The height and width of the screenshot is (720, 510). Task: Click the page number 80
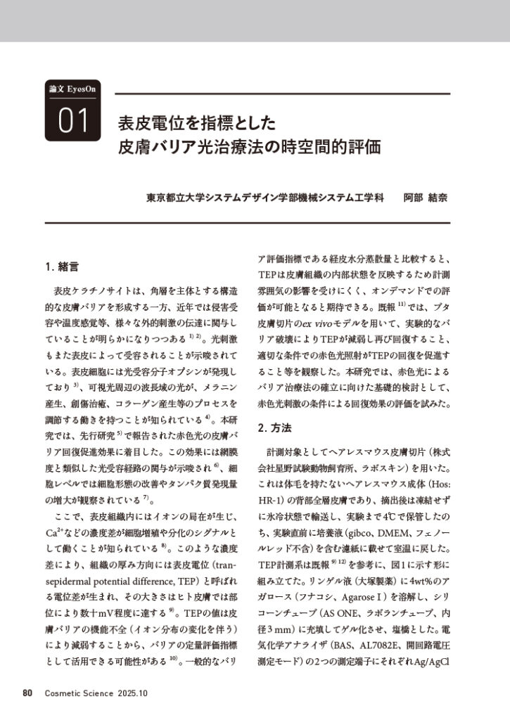pyautogui.click(x=28, y=693)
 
